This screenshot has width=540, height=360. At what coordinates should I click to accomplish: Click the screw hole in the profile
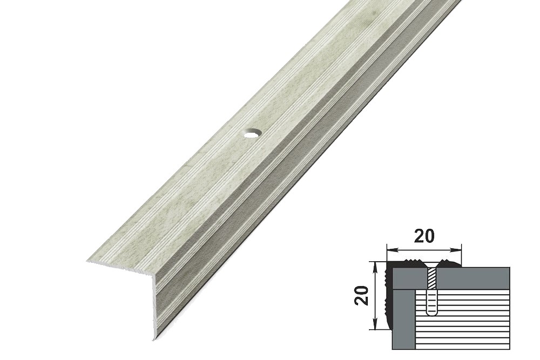pyautogui.click(x=252, y=133)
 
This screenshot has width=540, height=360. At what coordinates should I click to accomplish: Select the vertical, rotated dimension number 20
pyautogui.click(x=362, y=296)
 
